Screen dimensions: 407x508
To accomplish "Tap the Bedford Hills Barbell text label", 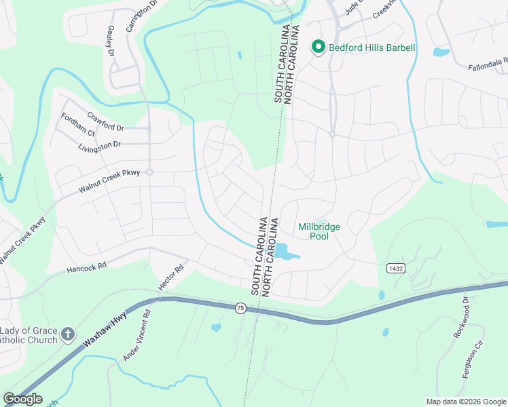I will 371,47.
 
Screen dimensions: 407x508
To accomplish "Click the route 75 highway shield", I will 240,308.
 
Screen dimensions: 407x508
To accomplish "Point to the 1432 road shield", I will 397,269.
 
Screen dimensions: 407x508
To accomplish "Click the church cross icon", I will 67,334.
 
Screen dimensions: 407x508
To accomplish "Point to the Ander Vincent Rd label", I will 137,335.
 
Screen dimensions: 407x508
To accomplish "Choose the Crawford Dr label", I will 105,121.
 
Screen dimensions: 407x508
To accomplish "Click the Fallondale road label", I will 488,64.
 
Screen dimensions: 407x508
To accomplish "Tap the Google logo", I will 22,398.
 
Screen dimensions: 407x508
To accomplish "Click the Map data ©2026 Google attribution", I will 465,402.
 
